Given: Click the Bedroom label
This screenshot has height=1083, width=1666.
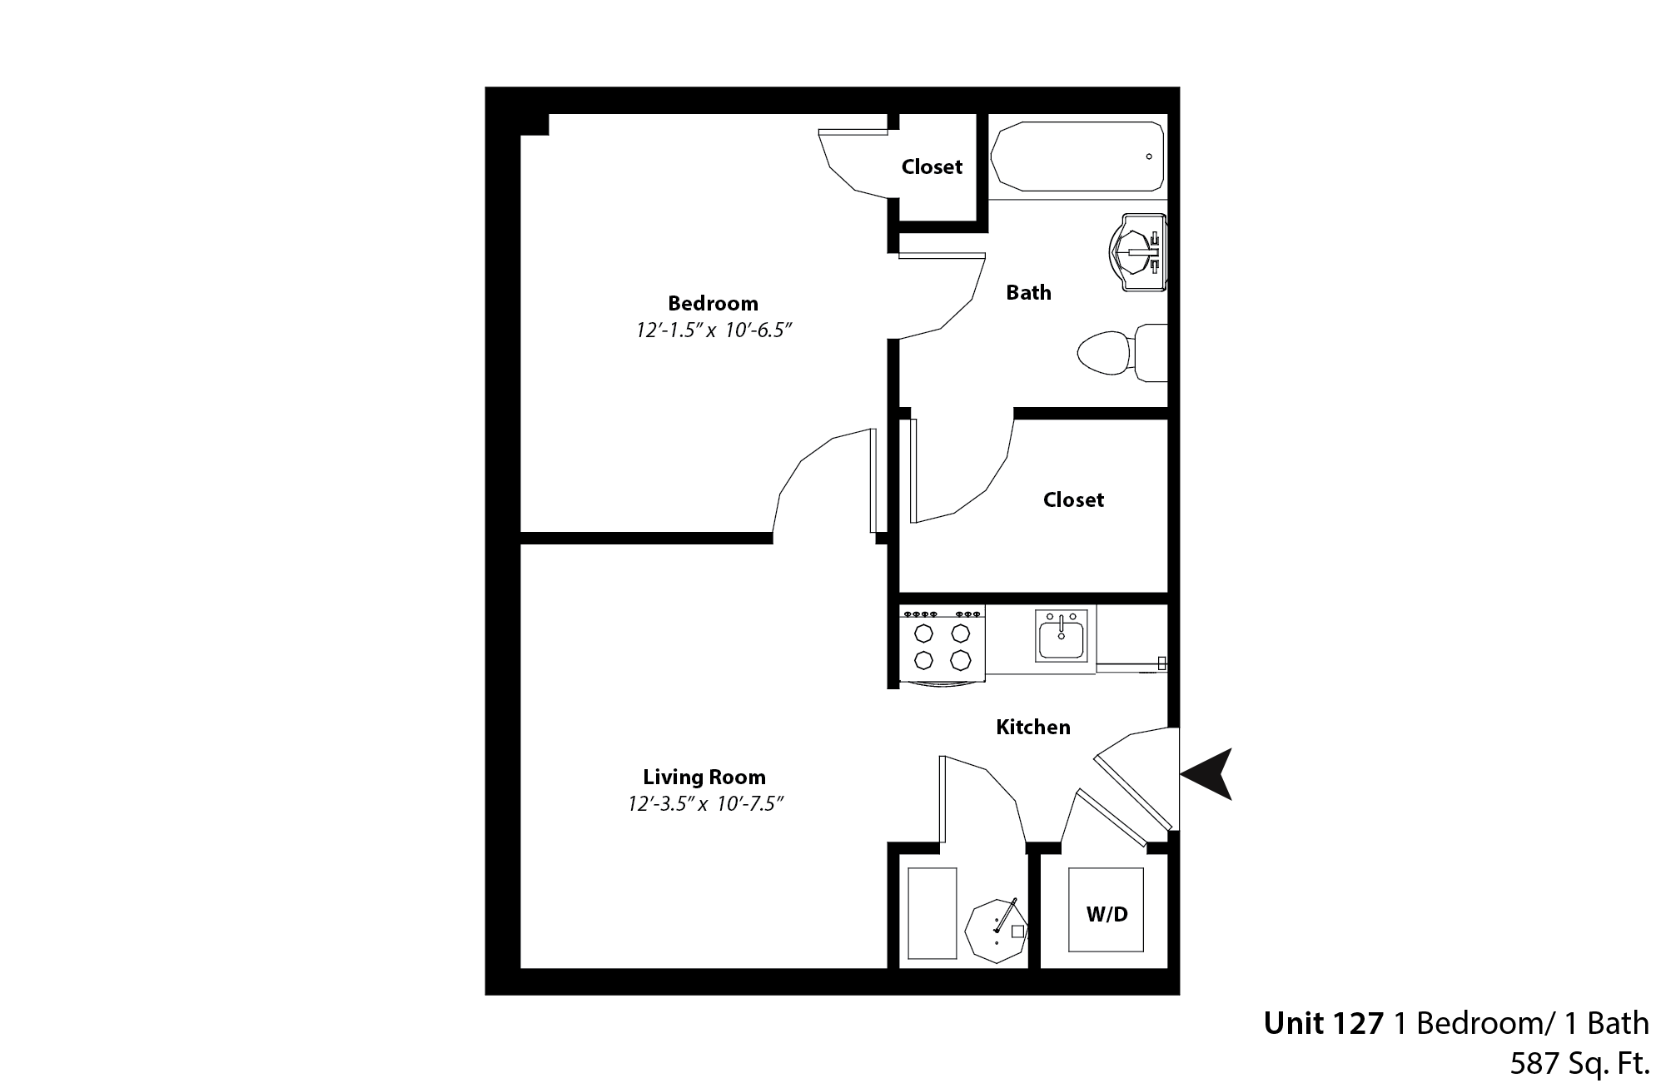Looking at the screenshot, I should pos(713,303).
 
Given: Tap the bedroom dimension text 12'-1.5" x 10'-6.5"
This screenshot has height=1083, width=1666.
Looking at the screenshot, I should pos(713,330).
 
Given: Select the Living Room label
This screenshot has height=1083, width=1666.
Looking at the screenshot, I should pos(704,777).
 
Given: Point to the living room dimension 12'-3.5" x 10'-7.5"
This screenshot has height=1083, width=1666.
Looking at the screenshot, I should pos(707,804).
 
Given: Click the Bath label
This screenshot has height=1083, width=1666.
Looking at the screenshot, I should pos(1028,293).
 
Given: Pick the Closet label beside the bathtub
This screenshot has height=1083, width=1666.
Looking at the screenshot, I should pos(932,167).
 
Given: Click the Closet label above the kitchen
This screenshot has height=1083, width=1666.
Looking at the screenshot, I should pos(1073,499).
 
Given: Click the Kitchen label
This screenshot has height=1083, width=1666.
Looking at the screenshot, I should pos(1033,727).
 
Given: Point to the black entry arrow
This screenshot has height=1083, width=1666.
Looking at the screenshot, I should pos(1208,774).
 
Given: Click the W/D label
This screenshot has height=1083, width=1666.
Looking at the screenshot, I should pos(1107,915).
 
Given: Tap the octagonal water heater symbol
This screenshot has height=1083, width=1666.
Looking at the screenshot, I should pos(995,931).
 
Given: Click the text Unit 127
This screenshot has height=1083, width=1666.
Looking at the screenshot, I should pos(1323,1024).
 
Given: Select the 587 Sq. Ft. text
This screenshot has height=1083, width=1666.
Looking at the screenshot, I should pos(1579,1063).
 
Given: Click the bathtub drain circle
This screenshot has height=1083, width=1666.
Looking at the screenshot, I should pos(1149,156).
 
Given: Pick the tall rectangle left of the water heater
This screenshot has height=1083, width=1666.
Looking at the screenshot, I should pos(932,914).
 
